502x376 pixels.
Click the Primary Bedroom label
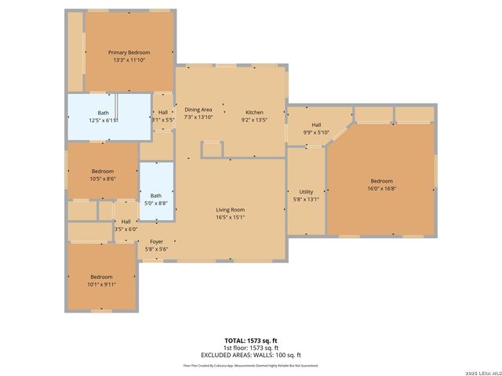pyautogui.click(x=129, y=52)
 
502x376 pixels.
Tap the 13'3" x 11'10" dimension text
pyautogui.click(x=129, y=60)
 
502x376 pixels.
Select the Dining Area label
pyautogui.click(x=198, y=110)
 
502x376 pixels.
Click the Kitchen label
pyautogui.click(x=254, y=112)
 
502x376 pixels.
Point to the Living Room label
pyautogui.click(x=231, y=209)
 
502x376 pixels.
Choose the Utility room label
pyautogui.click(x=305, y=191)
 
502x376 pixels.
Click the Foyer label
pyautogui.click(x=157, y=241)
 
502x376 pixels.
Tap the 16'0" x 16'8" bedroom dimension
pyautogui.click(x=381, y=188)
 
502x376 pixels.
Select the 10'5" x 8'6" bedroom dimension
pyautogui.click(x=103, y=179)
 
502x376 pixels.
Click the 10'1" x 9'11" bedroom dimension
pyautogui.click(x=101, y=284)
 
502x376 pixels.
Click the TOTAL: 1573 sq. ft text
pyautogui.click(x=251, y=341)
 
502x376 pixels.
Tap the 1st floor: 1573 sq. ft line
pyautogui.click(x=251, y=347)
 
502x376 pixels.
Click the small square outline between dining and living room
pyautogui.click(x=213, y=150)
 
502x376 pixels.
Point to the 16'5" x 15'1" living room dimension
pyautogui.click(x=231, y=217)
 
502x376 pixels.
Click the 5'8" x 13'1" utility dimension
pyautogui.click(x=305, y=199)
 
